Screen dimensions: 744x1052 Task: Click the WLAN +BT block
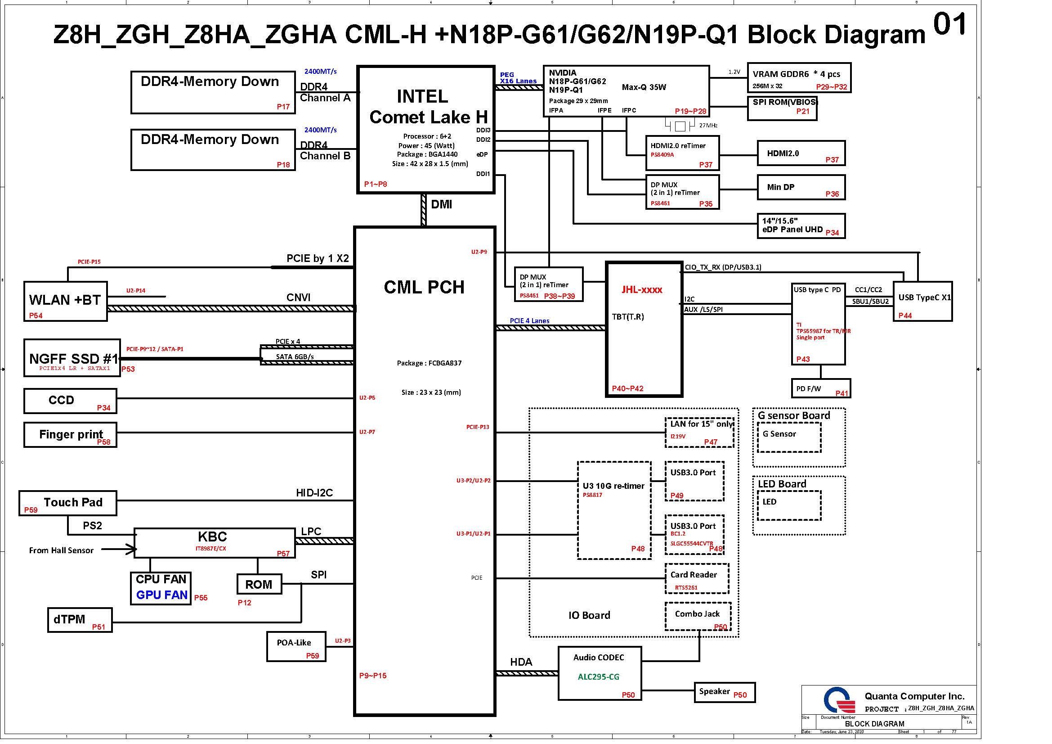click(x=65, y=301)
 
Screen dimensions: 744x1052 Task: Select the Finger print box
click(x=70, y=435)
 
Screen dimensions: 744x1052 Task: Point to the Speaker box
click(x=725, y=692)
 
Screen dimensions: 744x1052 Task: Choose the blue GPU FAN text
click(x=162, y=595)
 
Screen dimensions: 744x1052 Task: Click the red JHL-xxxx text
click(x=642, y=290)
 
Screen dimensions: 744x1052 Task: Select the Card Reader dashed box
click(x=696, y=578)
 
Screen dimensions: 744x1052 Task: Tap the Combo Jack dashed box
click(x=698, y=616)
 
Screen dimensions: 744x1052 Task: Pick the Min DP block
click(x=801, y=188)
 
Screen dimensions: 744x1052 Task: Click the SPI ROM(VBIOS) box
click(x=782, y=108)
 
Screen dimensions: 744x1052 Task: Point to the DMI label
click(x=441, y=204)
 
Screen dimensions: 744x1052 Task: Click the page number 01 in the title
click(x=950, y=25)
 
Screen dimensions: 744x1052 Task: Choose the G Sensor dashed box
click(x=789, y=437)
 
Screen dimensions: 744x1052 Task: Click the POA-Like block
click(x=296, y=646)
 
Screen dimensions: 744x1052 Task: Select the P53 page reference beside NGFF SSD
click(x=128, y=369)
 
